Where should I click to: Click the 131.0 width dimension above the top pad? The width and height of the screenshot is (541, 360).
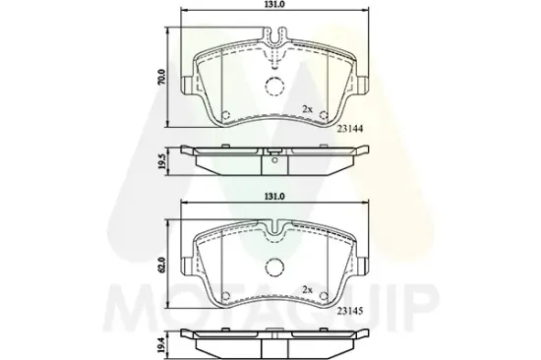click(273, 7)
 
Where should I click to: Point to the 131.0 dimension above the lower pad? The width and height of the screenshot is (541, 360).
click(273, 196)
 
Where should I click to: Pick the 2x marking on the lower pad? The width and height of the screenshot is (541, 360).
click(307, 289)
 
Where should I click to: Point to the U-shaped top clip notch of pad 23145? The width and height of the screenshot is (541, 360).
click(274, 229)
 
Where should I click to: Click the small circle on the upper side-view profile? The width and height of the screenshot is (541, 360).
click(274, 159)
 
